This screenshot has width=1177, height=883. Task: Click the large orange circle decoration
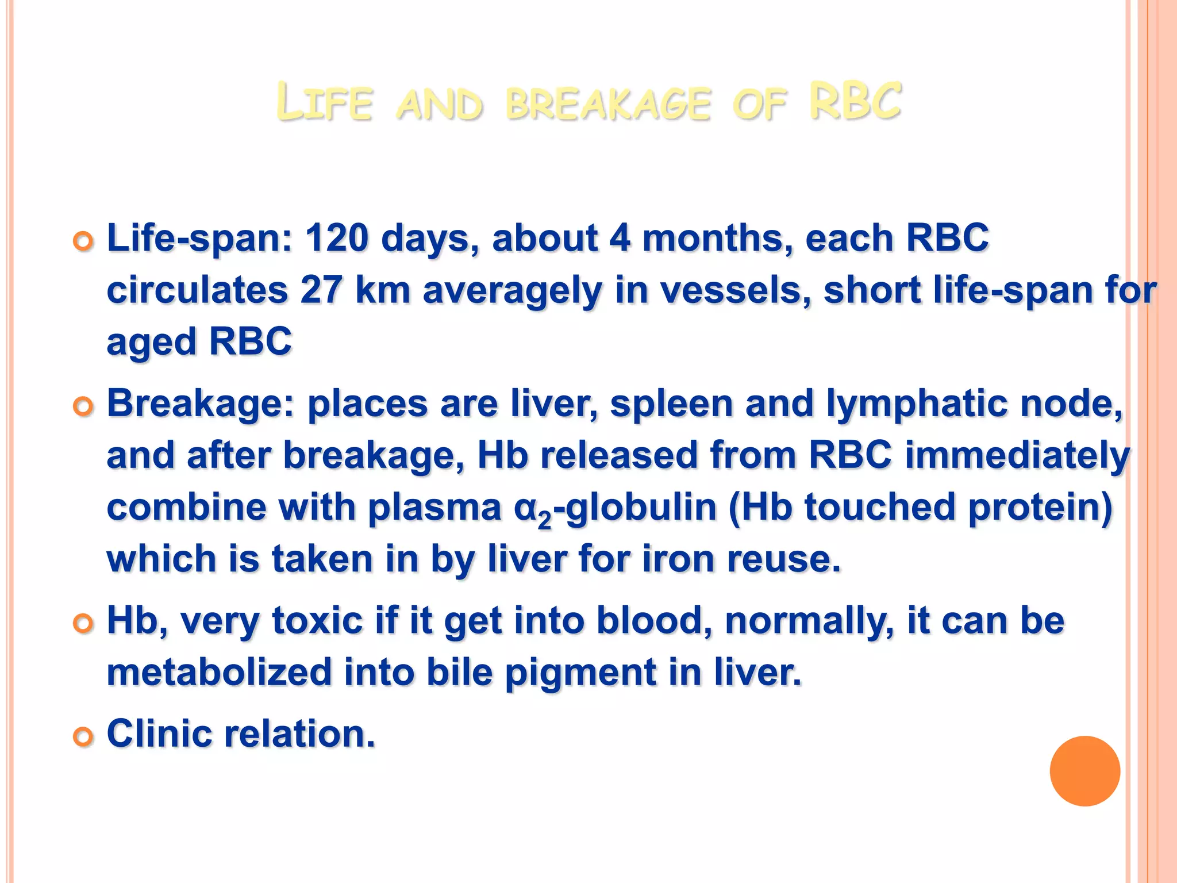pos(1084,771)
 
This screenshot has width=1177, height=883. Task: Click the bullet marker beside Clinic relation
pos(83,736)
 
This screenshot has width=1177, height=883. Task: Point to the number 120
pos(336,238)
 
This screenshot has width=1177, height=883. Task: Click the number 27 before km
pos(321,290)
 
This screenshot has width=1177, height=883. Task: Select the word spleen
pos(671,404)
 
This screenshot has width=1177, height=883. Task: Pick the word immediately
pos(1017,455)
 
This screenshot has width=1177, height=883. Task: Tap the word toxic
pos(317,621)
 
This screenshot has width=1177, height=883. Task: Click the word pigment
pos(580,673)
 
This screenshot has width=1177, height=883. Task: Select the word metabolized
pos(220,673)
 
